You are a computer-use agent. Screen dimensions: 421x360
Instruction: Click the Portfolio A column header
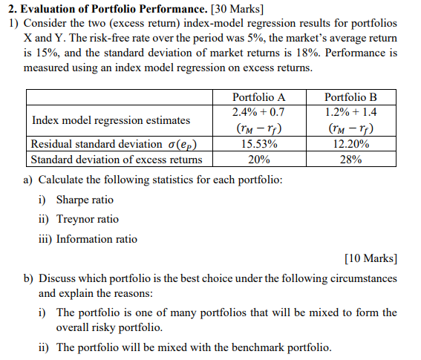click(x=258, y=97)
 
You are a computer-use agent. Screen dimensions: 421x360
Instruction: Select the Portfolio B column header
click(x=350, y=97)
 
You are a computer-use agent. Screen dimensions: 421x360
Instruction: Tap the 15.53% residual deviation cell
click(x=258, y=144)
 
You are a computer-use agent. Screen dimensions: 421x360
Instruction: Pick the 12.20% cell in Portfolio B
click(x=350, y=144)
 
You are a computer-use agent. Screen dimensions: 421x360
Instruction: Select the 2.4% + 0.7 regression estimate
click(x=258, y=113)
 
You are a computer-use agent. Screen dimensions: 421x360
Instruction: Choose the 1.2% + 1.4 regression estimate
click(x=350, y=113)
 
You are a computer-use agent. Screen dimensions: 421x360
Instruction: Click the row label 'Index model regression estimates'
click(x=111, y=120)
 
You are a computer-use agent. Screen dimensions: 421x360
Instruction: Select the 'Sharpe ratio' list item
click(x=85, y=200)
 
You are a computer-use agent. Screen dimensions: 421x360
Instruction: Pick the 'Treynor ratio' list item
click(x=87, y=219)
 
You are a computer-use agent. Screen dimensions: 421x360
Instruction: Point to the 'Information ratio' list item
click(x=97, y=238)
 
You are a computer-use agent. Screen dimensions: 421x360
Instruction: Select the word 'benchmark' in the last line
click(x=257, y=347)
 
